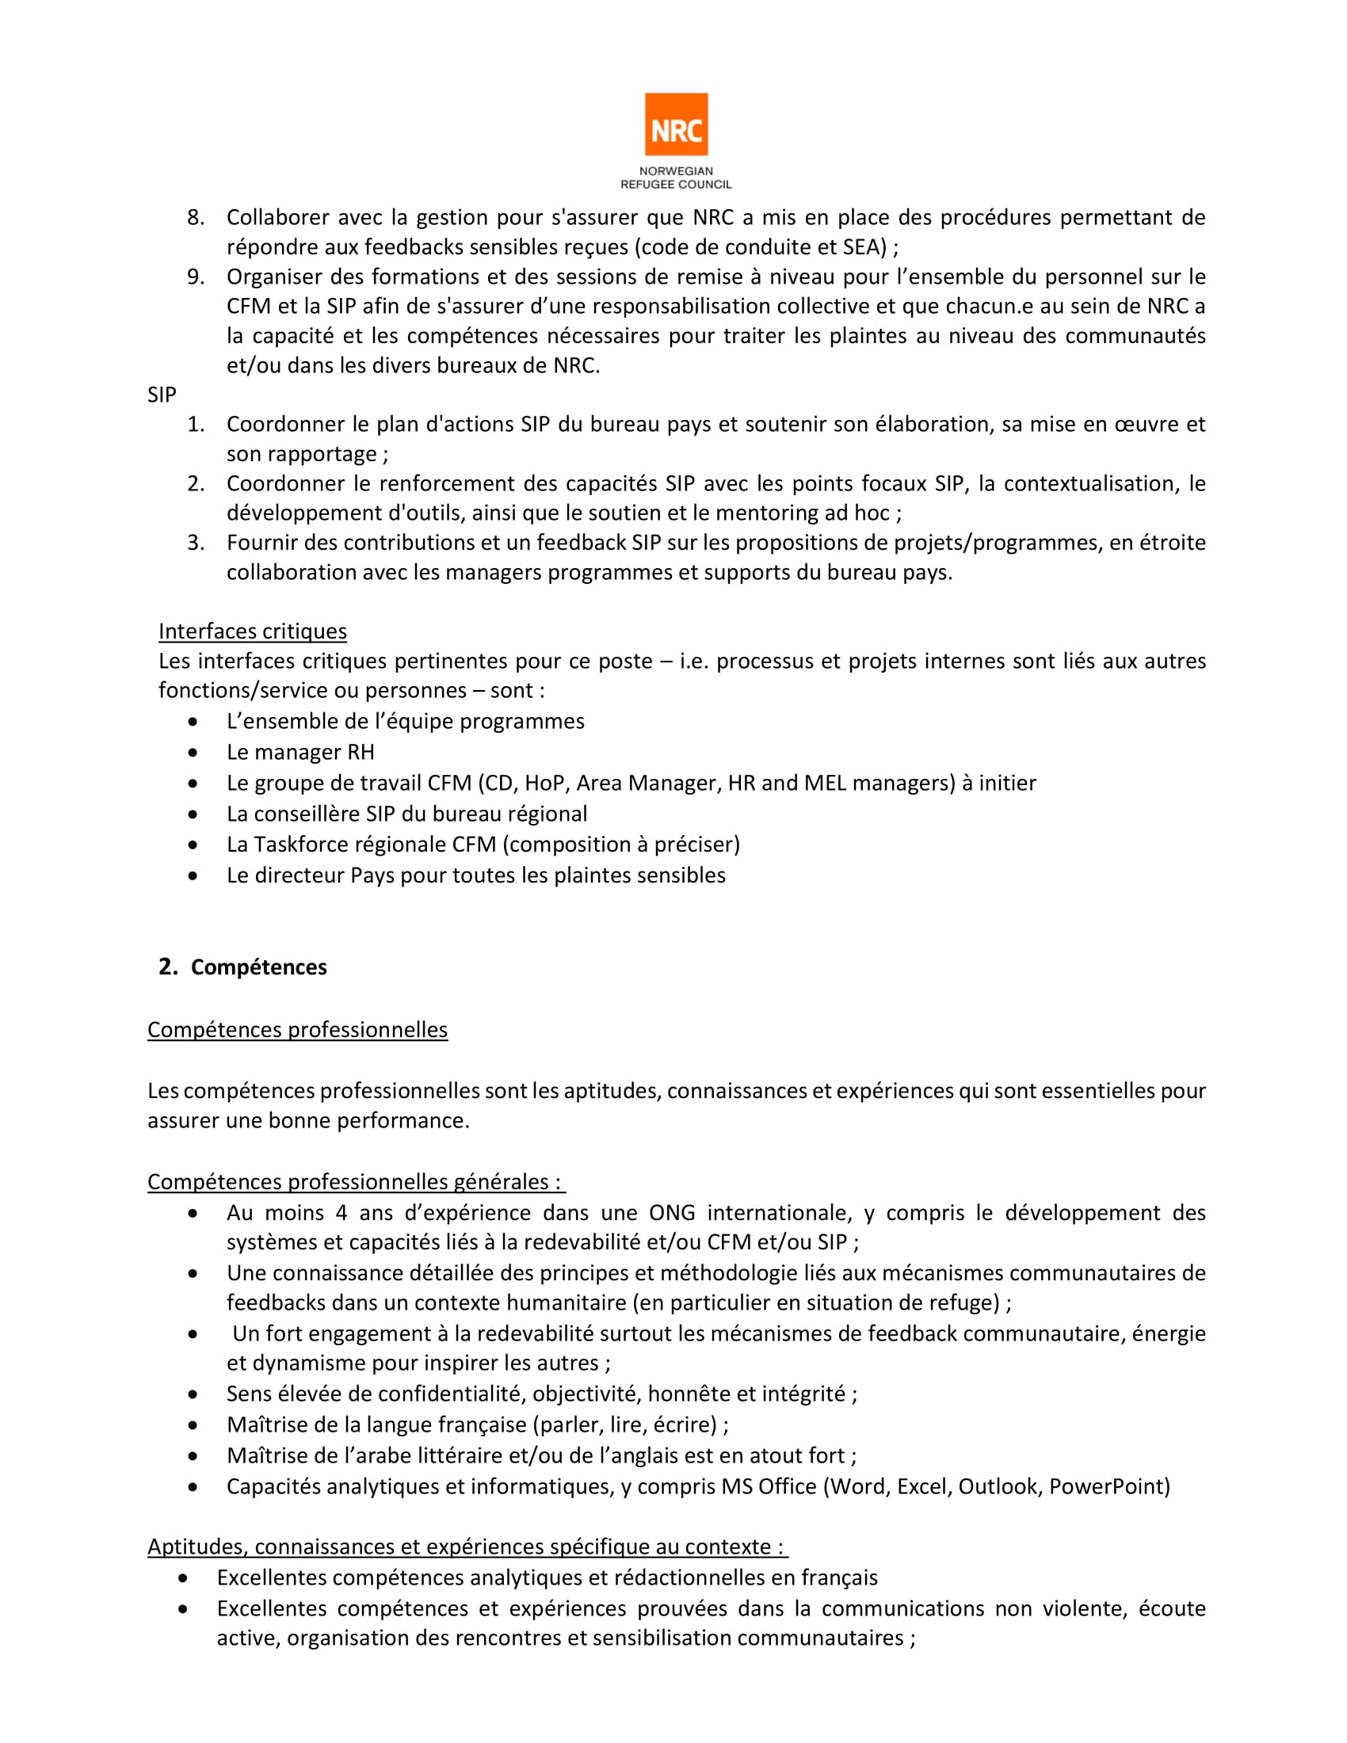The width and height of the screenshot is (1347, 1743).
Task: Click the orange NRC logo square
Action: (x=676, y=124)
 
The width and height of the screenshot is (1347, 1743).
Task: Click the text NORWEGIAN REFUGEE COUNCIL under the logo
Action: (x=676, y=178)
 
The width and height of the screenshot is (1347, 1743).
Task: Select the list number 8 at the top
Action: (x=196, y=218)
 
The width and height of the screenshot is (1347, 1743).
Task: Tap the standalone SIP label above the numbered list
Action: (x=161, y=395)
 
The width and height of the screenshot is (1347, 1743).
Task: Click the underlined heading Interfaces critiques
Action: (x=252, y=631)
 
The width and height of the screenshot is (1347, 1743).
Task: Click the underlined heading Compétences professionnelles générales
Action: (x=355, y=1182)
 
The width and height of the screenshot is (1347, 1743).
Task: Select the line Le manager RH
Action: (x=300, y=752)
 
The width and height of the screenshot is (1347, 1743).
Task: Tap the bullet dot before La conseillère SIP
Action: (x=193, y=814)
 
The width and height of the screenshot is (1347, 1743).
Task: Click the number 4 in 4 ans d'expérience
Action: (x=342, y=1213)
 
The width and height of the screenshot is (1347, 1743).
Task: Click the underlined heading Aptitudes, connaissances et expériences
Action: (x=467, y=1547)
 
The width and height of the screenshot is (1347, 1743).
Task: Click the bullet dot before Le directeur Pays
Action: (x=193, y=875)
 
